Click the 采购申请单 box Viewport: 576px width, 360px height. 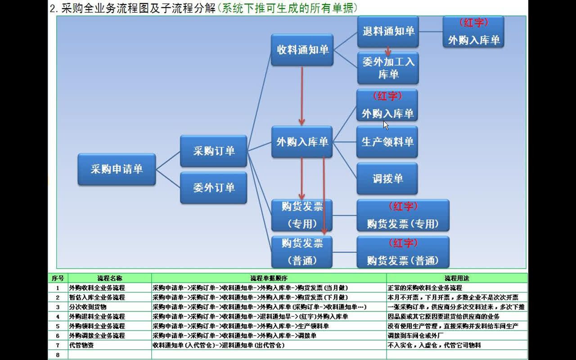[x=117, y=169]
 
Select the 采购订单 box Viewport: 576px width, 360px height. [x=214, y=151]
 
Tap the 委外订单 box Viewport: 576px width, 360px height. [x=214, y=188]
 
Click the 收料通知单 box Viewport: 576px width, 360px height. [x=302, y=50]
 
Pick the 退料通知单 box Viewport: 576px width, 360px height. [x=388, y=31]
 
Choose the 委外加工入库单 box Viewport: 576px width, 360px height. [x=388, y=68]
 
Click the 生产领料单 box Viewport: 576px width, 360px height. [x=387, y=142]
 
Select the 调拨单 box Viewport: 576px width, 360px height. [x=387, y=179]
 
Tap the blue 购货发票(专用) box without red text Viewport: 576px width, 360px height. [x=302, y=215]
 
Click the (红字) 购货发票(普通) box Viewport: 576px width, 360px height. [x=403, y=252]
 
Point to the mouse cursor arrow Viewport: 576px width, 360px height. [x=386, y=125]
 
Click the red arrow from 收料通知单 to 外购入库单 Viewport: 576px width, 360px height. [x=301, y=94]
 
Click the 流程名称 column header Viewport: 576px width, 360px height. [x=109, y=278]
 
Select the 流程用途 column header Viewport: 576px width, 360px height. [x=456, y=278]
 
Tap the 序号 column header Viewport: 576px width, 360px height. [x=58, y=278]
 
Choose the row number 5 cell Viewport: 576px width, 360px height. [x=58, y=326]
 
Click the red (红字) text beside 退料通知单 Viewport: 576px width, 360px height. [x=473, y=22]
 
